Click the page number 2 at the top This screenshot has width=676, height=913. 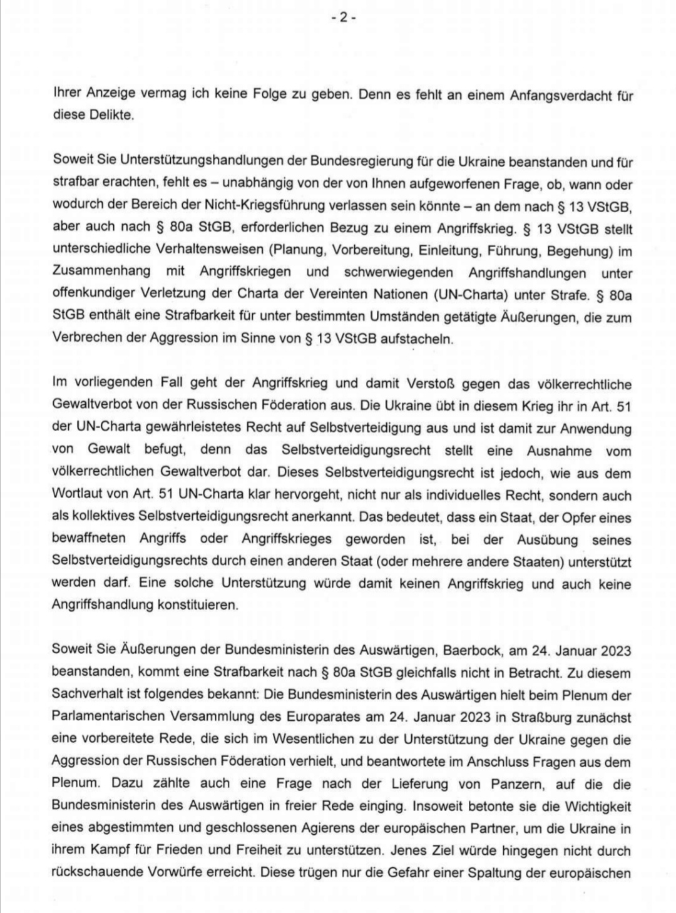344,18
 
